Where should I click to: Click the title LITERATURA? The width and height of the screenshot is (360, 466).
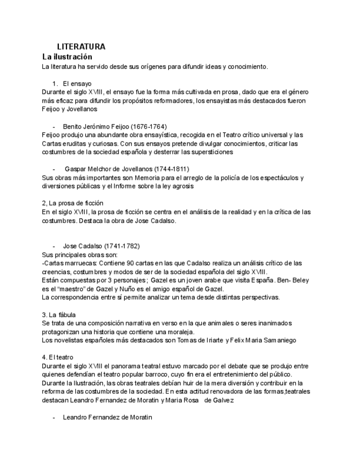[x=81, y=47]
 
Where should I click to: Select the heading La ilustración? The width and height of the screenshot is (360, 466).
[x=67, y=57]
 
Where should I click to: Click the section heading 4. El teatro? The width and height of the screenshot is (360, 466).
[x=58, y=357]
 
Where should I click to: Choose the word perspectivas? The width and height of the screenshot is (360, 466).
[x=261, y=297]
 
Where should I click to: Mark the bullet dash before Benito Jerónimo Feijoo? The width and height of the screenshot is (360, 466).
[x=54, y=126]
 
